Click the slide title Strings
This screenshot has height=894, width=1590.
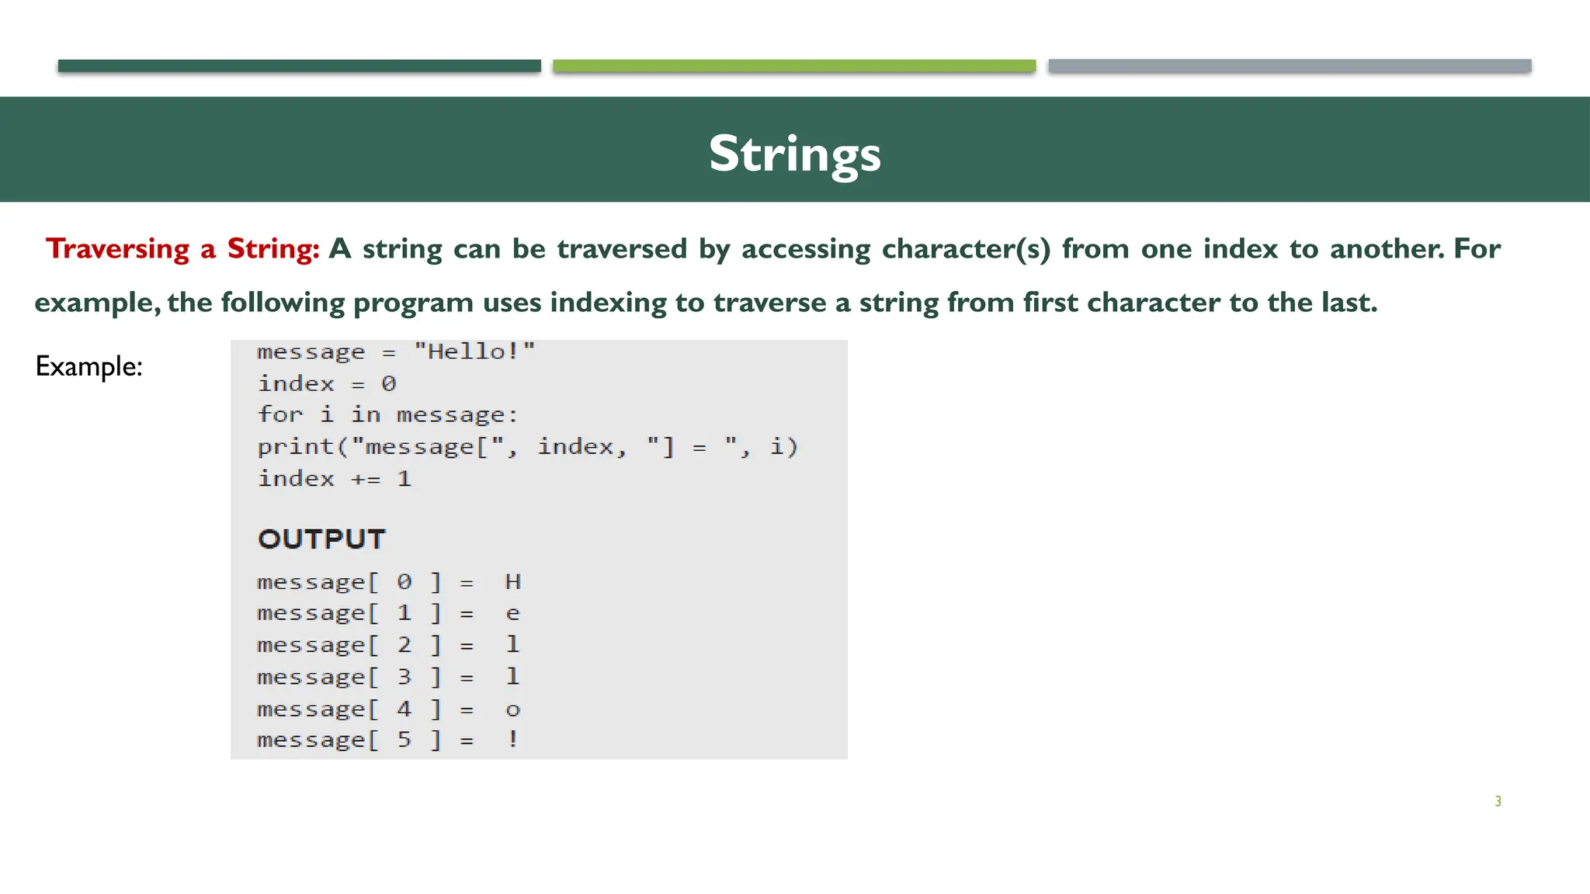(794, 154)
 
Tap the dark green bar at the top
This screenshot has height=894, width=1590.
(299, 66)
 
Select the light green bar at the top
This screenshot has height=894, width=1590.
(793, 66)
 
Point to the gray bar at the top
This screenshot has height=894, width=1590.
(1289, 66)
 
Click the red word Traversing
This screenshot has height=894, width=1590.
(117, 249)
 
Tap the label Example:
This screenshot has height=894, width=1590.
(89, 366)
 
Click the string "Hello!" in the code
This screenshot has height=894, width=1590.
(474, 352)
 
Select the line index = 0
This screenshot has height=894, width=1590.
(327, 384)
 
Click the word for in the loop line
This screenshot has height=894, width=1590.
(279, 414)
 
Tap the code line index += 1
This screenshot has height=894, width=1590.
(334, 479)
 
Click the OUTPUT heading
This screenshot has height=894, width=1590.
(321, 539)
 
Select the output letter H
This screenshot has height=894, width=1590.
(512, 582)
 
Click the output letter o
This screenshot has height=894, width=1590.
(512, 710)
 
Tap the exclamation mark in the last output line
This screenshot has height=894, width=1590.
(512, 740)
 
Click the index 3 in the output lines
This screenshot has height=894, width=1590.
(404, 677)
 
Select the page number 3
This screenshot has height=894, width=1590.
(1498, 802)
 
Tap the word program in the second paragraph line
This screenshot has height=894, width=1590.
(413, 303)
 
